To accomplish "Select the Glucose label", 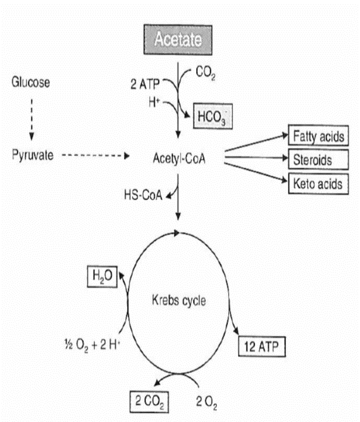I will click(31, 83).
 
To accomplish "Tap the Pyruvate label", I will click(32, 155).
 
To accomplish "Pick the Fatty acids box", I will click(317, 136).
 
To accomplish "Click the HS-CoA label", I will click(144, 195).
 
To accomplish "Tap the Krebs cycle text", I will click(179, 301).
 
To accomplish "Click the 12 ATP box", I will click(261, 347).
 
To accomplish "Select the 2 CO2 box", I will click(150, 401).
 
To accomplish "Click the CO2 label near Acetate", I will click(205, 73).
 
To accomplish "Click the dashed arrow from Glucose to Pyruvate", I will click(31, 118).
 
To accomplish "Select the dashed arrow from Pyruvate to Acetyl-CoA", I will click(96, 156).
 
